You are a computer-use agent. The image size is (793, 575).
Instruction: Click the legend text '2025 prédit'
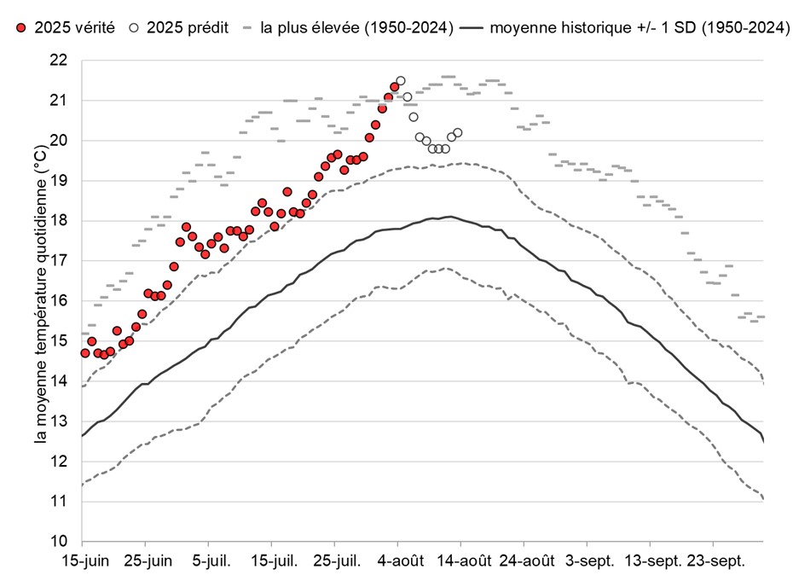(187, 28)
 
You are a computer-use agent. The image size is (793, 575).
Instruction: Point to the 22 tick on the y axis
(59, 61)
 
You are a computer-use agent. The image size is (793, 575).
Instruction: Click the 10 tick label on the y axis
(59, 542)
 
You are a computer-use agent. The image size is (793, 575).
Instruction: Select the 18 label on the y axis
(59, 221)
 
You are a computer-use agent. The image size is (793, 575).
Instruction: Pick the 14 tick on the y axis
(59, 381)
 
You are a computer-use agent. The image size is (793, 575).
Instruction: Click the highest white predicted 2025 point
(401, 81)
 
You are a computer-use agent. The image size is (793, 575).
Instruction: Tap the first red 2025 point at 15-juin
(85, 353)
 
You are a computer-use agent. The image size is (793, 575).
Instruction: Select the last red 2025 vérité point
(395, 87)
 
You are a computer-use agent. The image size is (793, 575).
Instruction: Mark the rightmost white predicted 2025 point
(458, 132)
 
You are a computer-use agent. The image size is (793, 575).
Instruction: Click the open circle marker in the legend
(134, 28)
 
